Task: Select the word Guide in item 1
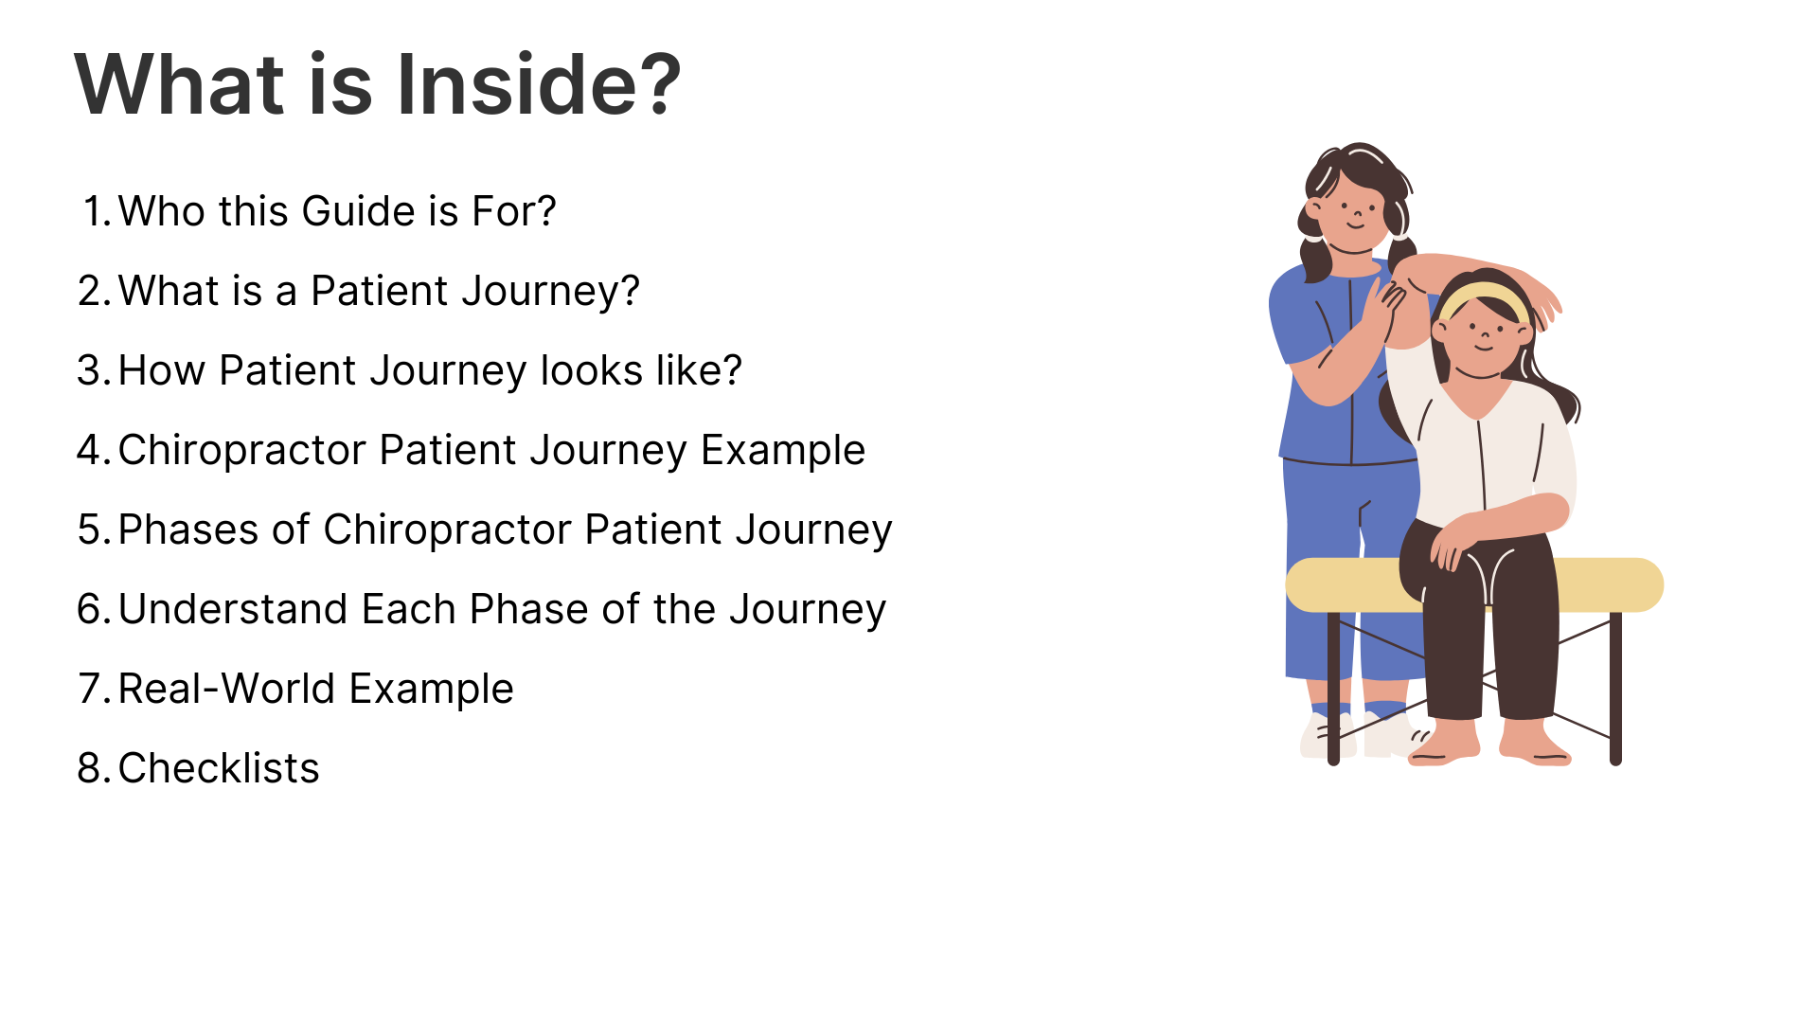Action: tap(358, 211)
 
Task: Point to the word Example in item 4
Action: tap(783, 451)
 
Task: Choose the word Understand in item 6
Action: tap(233, 609)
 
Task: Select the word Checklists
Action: tap(219, 768)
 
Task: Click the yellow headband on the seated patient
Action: tap(1482, 298)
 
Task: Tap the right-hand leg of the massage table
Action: tap(1615, 688)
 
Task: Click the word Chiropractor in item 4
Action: tap(242, 451)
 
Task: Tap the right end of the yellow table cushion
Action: tap(1662, 584)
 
